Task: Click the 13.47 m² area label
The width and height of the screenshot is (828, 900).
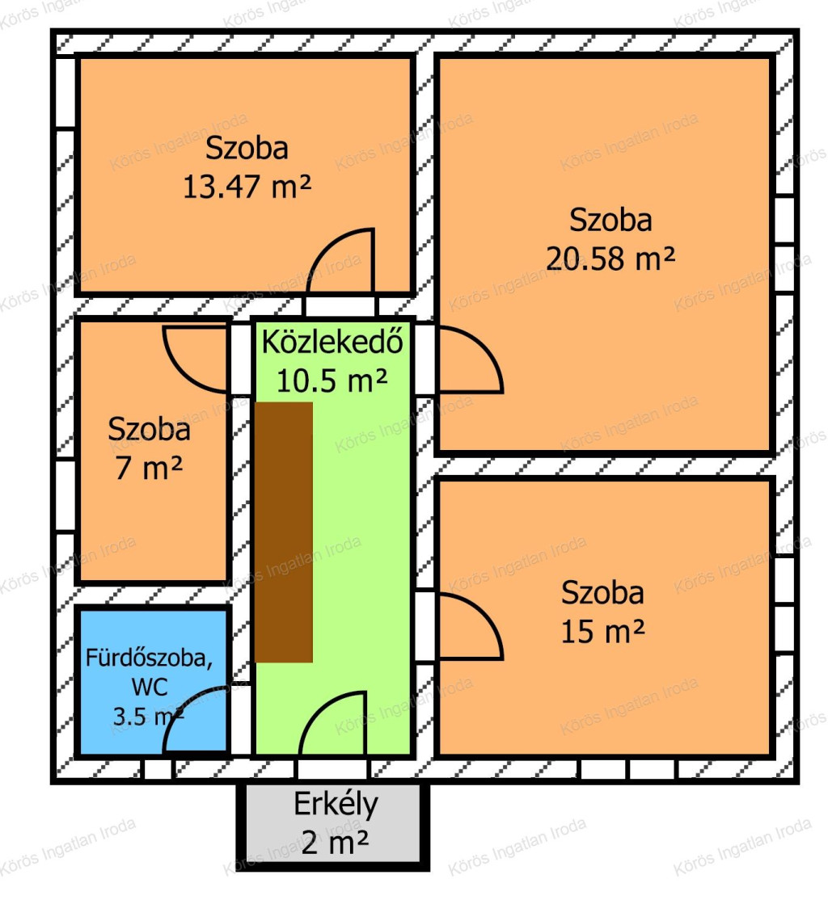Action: [x=247, y=187]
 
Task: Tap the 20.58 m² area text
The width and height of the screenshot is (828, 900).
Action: [x=610, y=259]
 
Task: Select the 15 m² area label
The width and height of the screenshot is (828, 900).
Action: [x=602, y=632]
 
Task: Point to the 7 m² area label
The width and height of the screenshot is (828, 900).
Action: [x=149, y=468]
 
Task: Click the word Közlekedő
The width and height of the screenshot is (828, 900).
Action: [x=332, y=342]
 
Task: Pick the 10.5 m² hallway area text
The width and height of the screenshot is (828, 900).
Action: [x=332, y=381]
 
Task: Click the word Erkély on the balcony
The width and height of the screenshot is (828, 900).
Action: [x=336, y=805]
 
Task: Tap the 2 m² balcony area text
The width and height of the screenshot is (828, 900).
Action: [x=335, y=843]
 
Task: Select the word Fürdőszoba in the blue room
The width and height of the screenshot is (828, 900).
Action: [x=149, y=658]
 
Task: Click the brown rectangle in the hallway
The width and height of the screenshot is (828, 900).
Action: [x=284, y=532]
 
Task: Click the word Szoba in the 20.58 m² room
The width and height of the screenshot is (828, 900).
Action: [x=610, y=221]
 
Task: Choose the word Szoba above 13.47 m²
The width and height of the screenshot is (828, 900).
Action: [x=247, y=149]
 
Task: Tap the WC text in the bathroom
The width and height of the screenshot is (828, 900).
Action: [x=150, y=687]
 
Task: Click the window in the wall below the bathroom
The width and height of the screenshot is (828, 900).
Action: [x=158, y=769]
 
